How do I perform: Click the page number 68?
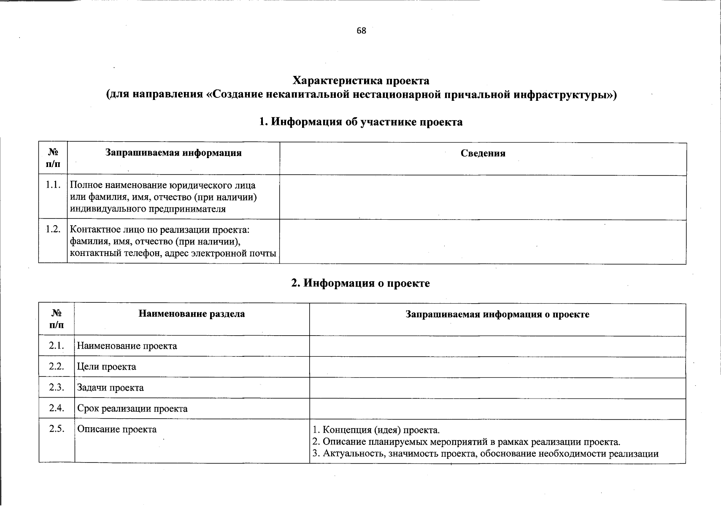pos(361,31)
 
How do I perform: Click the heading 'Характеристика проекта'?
pos(361,81)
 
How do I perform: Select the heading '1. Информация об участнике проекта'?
pos(361,122)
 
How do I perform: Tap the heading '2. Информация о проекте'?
pos(361,283)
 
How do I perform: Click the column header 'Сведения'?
pos(483,153)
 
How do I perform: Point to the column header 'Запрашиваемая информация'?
pos(173,153)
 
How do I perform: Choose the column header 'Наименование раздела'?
pos(192,314)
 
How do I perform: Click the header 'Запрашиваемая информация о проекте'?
pos(497,314)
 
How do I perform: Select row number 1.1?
pos(53,185)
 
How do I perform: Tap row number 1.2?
pos(53,229)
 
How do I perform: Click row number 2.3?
pos(56,387)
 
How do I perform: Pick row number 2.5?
pos(56,429)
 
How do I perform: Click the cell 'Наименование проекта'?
pos(127,346)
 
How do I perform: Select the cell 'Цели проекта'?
pos(107,367)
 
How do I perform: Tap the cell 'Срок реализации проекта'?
pos(132,409)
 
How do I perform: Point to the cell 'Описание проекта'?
pos(117,429)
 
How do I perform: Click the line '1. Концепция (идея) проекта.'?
pos(376,430)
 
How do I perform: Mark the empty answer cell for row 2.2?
pos(497,367)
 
